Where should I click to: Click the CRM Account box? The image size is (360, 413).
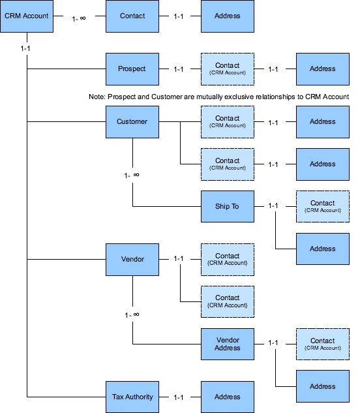pos(27,16)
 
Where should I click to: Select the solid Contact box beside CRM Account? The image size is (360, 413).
pos(132,16)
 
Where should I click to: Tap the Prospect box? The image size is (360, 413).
pos(132,69)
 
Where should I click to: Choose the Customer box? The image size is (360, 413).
pos(132,121)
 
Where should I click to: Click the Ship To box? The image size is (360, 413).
pos(227,206)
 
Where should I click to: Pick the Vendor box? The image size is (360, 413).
pos(132,259)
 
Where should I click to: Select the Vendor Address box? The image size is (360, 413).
pos(227,344)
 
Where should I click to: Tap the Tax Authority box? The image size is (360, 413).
pos(132,397)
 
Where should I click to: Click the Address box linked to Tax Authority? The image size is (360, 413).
pos(227,397)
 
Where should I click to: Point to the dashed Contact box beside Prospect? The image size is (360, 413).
pos(227,69)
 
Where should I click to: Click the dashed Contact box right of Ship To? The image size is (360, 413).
pos(322,206)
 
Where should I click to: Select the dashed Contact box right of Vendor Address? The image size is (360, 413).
pos(322,344)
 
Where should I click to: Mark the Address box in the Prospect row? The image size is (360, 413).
pos(322,69)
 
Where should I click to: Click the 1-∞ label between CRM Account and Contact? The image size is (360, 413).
pos(78,18)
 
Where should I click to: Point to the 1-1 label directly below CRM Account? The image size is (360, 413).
pos(27,49)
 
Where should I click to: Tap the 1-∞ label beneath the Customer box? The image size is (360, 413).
pos(132,175)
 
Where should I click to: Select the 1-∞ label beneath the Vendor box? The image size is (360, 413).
pos(132,314)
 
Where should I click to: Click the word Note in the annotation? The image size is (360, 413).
pos(97,97)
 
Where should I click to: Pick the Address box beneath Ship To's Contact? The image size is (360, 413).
pos(322,249)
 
